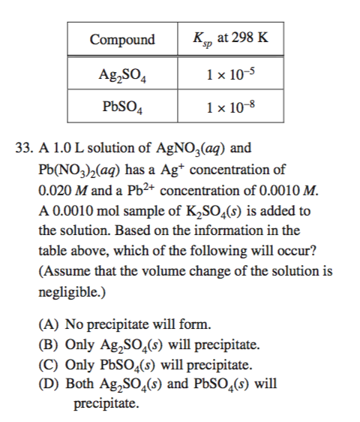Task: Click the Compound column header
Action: [122, 39]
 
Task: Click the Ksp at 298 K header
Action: [229, 39]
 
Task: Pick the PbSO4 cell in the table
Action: [122, 107]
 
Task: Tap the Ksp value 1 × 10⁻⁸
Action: [229, 107]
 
